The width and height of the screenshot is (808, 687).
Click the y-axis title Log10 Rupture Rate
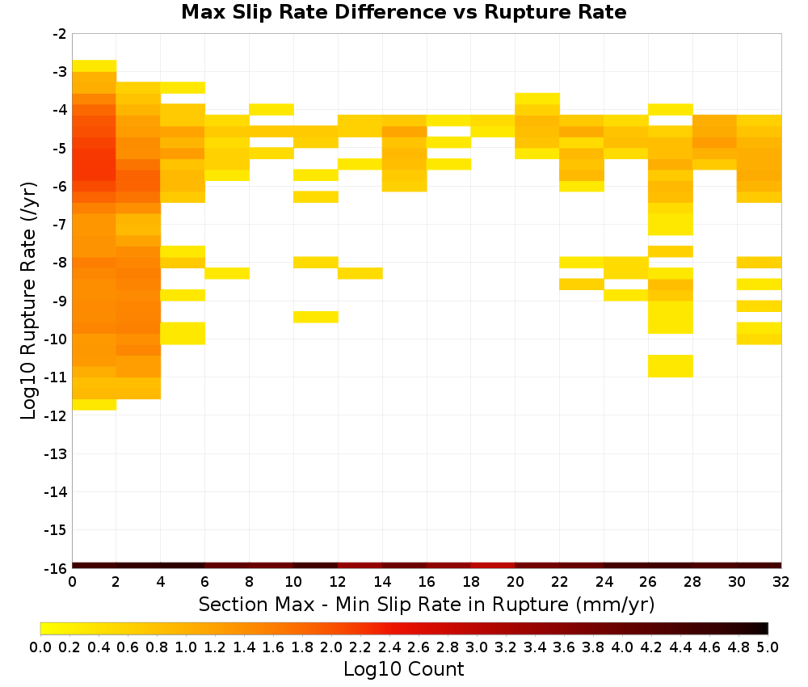[29, 301]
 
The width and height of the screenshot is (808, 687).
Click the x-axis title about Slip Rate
[426, 605]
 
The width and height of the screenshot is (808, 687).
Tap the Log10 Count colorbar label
[403, 669]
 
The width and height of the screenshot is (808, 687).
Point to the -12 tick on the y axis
[56, 416]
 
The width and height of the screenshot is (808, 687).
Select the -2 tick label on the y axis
[60, 35]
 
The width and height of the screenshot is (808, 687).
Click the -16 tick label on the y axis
[56, 568]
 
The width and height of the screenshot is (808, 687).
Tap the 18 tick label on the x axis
[471, 583]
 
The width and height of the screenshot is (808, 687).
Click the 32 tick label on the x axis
[781, 583]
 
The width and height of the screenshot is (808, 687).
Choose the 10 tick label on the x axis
[293, 583]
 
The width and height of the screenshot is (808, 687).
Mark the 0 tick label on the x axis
[72, 583]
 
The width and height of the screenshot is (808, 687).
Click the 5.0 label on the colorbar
[768, 647]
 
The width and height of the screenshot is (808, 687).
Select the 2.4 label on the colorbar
[389, 647]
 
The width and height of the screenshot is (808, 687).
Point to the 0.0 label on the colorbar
[40, 647]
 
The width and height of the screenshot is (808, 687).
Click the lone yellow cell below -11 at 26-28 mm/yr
[671, 366]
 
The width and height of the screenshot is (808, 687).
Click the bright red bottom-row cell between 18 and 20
[493, 566]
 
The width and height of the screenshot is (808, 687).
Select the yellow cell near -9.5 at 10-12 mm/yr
[316, 317]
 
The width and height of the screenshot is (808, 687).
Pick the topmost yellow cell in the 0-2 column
[95, 66]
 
